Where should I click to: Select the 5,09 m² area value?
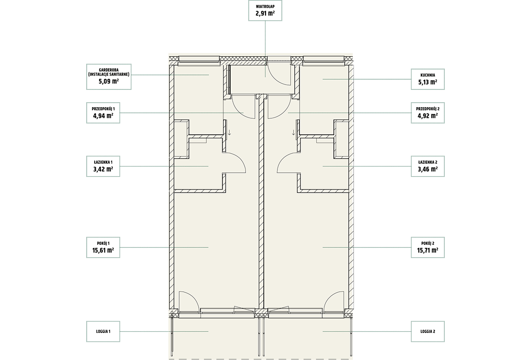pos(108,81)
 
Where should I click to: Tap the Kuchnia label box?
pos(427,79)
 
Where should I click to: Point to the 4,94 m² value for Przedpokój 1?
pos(103,116)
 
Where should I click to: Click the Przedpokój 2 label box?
pos(427,113)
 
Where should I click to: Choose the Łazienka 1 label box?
pos(103,166)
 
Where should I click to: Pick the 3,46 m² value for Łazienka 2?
pos(427,169)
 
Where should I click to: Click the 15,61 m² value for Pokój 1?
pos(103,250)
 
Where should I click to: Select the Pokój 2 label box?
pos(427,248)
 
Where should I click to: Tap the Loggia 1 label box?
pos(103,332)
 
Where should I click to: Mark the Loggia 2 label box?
pos(427,332)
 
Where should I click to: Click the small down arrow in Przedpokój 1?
pos(229,132)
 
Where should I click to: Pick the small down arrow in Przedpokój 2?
pos(293,132)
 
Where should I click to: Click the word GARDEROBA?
pos(109,70)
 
